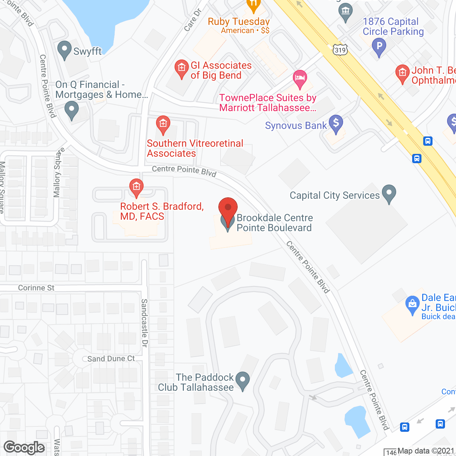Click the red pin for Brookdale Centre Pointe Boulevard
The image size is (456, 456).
pos(228,208)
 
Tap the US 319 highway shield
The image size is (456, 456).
pos(340,50)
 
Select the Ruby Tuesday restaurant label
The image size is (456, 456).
pos(239,22)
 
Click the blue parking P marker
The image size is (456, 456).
pos(379,46)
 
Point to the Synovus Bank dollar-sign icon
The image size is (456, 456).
pos(336,123)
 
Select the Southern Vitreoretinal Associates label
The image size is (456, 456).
pos(195,148)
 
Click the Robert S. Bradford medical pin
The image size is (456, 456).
pos(136,187)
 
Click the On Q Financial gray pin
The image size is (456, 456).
pos(72,109)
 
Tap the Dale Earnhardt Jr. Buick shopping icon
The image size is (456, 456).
pos(412,304)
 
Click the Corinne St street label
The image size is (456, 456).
pos(36,288)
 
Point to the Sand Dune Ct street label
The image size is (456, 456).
pos(111,359)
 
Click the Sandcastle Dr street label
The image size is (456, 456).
pos(144,323)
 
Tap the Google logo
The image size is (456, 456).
pos(24,447)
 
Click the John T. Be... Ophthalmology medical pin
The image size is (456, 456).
pos(402,73)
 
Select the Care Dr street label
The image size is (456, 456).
pos(193,20)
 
